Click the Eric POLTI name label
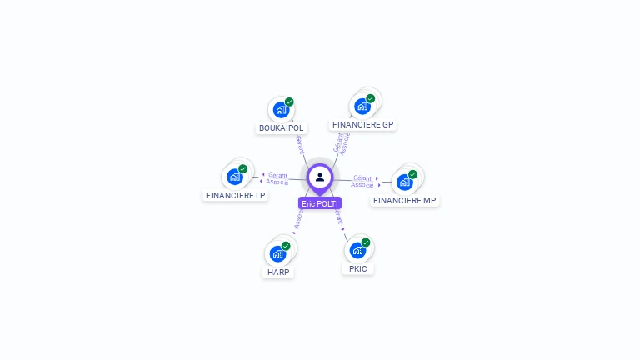point(320,203)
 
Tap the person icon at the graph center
point(320,177)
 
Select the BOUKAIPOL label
point(282,127)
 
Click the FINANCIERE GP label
point(362,124)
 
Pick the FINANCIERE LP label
point(236,195)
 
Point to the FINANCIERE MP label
point(405,200)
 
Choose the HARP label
point(278,272)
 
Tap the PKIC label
point(358,268)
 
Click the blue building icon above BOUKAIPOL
point(281,109)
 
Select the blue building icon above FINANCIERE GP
point(362,106)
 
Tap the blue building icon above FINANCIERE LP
point(235,177)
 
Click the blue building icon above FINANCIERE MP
point(404,182)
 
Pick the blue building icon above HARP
point(277,253)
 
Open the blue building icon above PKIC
point(357,250)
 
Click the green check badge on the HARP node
point(286,246)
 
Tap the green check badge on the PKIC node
point(366,242)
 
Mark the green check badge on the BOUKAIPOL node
point(289,102)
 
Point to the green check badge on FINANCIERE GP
point(370,98)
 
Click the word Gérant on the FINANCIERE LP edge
point(277,175)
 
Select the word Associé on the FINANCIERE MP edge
point(362,184)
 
